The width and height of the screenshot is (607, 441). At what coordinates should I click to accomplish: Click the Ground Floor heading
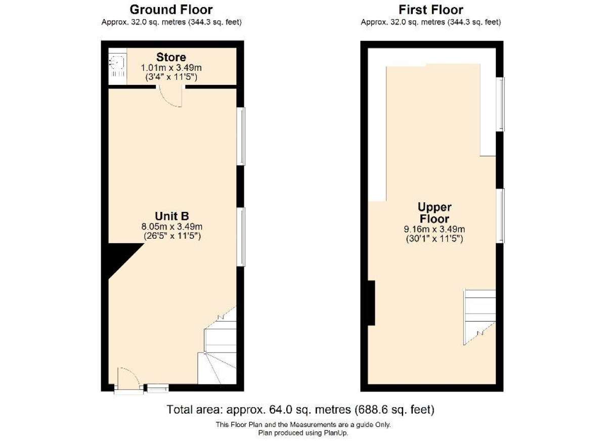[171, 10]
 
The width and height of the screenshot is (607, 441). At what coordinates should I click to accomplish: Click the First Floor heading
[430, 10]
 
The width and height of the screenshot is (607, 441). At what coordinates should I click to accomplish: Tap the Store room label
[171, 57]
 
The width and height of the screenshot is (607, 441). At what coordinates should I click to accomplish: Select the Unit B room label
[172, 216]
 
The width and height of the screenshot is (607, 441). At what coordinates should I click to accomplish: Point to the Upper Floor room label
[435, 212]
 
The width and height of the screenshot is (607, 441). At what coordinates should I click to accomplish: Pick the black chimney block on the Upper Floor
[371, 303]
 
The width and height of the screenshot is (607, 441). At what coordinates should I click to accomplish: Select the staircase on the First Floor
[480, 317]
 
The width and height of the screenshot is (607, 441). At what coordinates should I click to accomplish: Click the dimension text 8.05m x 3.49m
[172, 226]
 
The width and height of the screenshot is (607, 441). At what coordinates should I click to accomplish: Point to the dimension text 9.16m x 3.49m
[435, 229]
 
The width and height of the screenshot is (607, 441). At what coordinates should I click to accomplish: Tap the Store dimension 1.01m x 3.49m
[171, 67]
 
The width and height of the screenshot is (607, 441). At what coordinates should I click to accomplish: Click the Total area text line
[300, 409]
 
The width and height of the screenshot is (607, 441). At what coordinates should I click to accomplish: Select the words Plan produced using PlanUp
[303, 433]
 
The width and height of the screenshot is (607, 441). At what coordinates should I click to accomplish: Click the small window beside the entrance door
[158, 388]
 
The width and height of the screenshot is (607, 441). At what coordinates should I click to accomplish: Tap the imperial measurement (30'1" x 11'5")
[435, 239]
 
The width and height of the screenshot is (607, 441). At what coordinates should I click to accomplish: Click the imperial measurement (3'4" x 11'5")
[171, 77]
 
